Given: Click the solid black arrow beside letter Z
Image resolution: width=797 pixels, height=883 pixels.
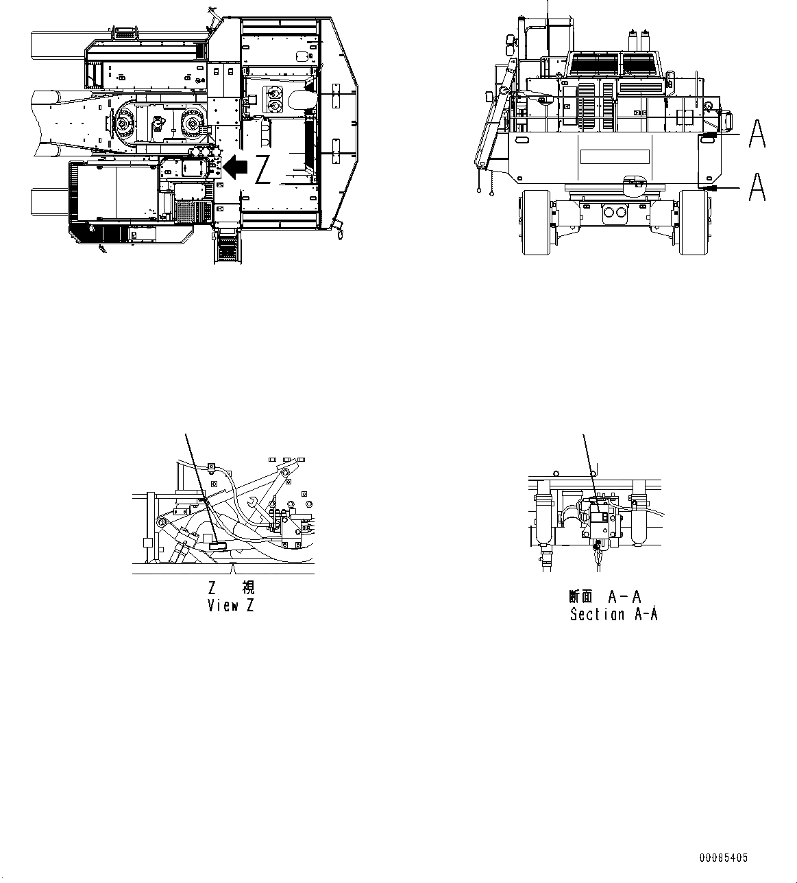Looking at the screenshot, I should (x=237, y=166).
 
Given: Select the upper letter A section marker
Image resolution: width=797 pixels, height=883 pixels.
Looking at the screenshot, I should (x=757, y=133).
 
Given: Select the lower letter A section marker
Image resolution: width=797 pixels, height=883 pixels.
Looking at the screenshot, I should (x=757, y=187).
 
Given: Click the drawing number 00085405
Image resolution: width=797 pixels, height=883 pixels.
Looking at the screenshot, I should (x=724, y=858).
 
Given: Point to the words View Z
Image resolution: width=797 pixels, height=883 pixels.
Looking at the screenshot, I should (x=231, y=606).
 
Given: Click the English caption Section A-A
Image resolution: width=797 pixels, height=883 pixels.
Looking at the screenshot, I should (x=613, y=614).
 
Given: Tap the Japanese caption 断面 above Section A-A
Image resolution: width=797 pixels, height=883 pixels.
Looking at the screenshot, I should (x=580, y=596).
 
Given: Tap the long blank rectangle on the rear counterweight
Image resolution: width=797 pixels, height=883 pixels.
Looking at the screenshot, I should (x=615, y=156).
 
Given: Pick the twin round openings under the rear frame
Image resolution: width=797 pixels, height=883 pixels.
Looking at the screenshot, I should (x=615, y=213).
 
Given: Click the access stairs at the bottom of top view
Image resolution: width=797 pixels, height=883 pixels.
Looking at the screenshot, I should (x=228, y=246).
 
